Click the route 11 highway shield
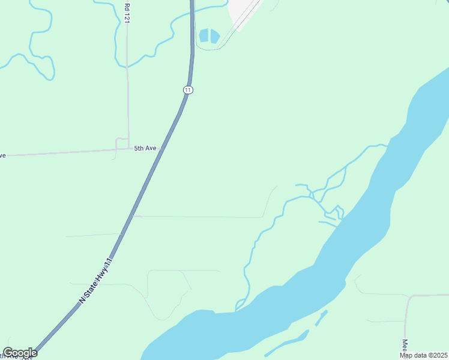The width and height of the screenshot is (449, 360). [188, 89]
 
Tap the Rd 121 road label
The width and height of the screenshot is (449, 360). [127, 13]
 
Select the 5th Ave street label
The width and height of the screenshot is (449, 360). [145, 148]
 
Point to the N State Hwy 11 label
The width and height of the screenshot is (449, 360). [96, 280]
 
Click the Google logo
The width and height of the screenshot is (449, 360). [20, 353]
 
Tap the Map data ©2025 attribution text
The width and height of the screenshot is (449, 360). [424, 355]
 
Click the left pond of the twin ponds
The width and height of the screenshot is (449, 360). [204, 36]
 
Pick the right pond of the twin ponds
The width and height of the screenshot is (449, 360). [215, 36]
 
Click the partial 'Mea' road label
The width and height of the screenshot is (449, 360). [405, 348]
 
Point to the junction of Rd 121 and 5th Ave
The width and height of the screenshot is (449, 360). [128, 148]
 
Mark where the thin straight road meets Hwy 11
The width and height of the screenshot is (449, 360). [133, 216]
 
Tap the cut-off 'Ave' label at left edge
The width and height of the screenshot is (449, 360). [2, 155]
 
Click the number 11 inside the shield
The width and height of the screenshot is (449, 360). [188, 89]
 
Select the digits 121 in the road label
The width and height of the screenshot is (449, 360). [127, 17]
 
